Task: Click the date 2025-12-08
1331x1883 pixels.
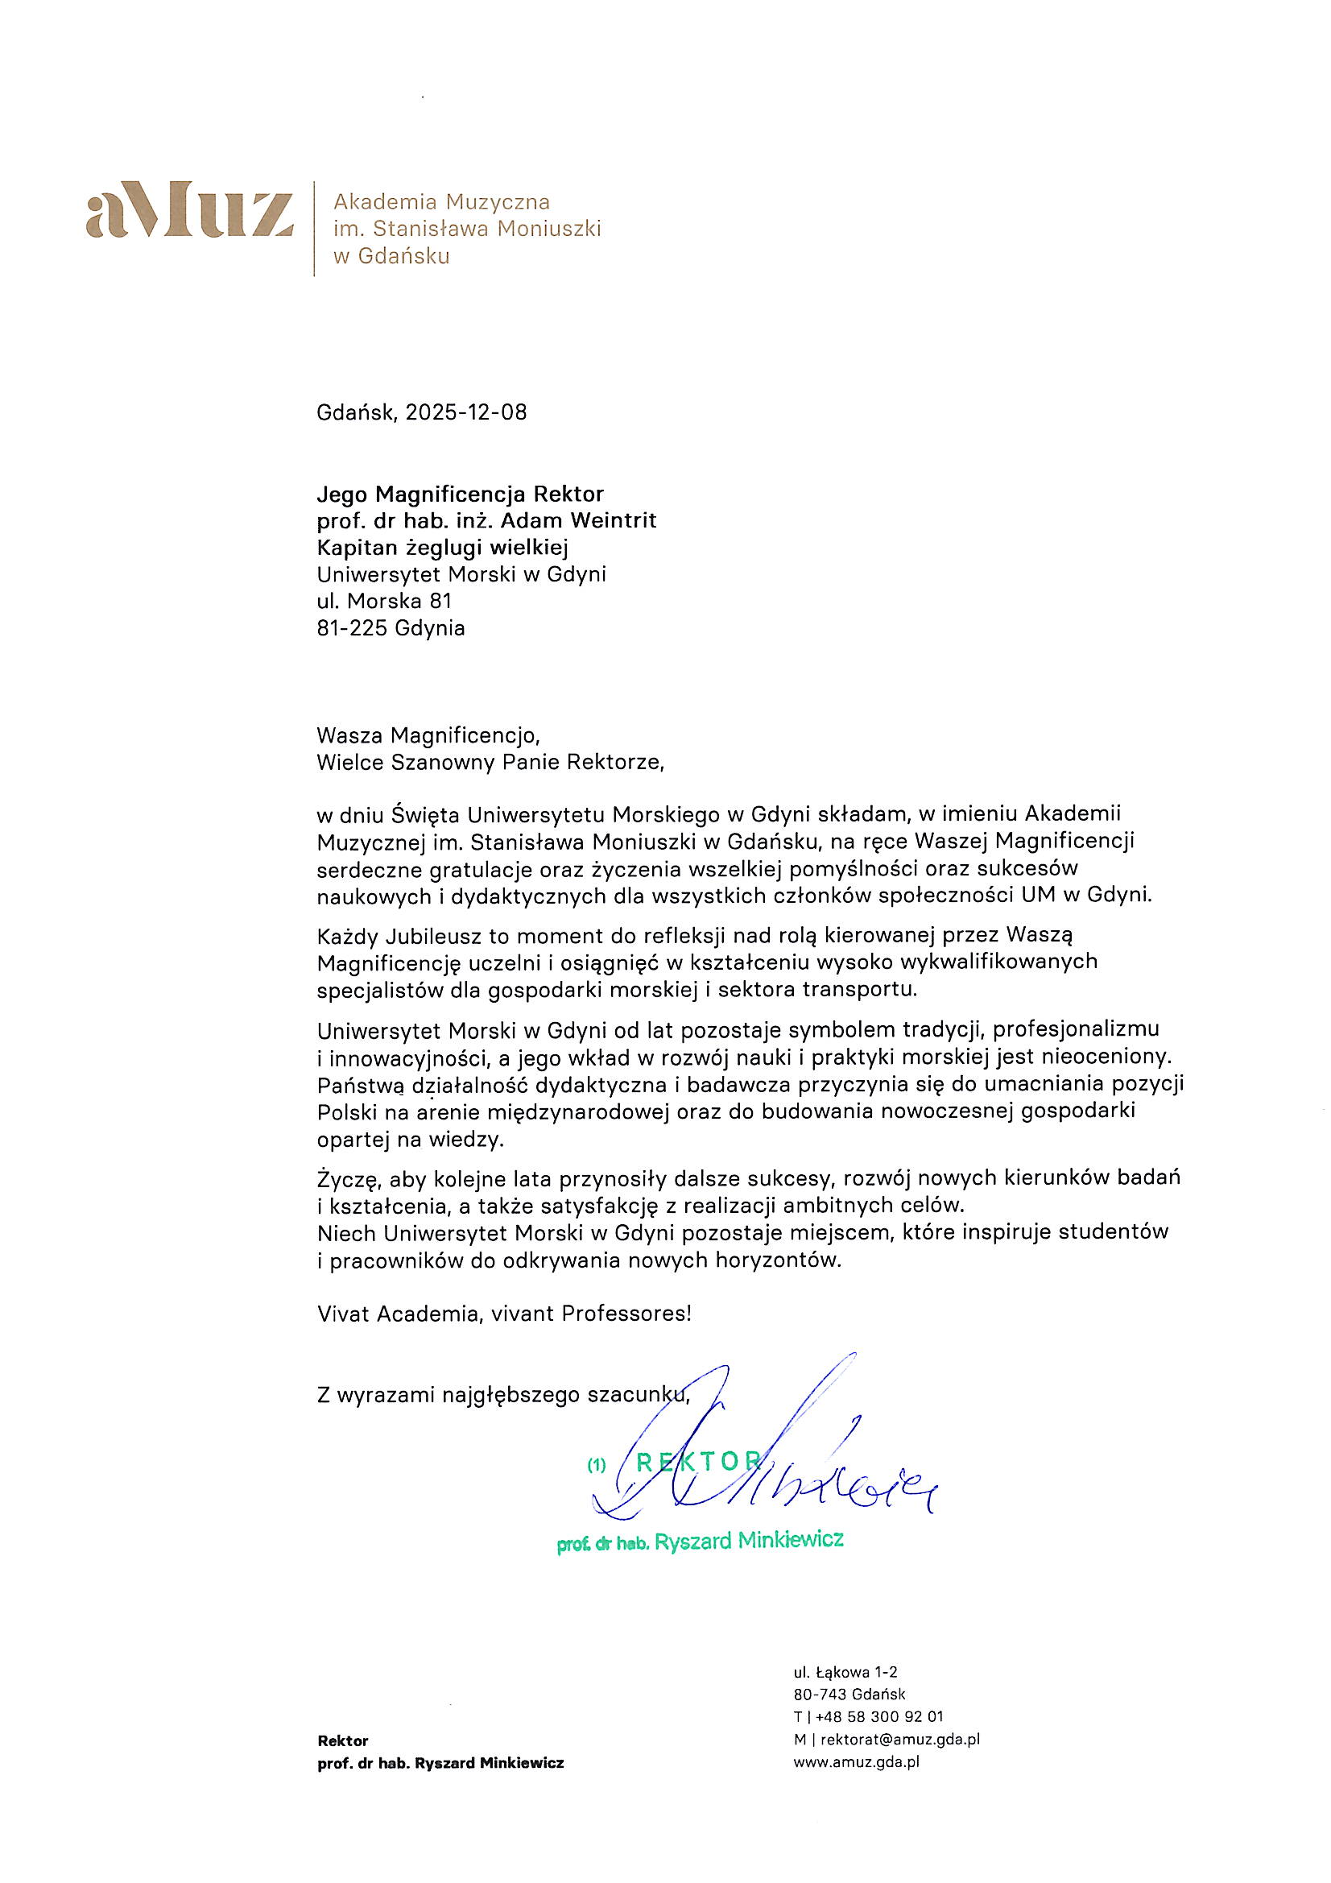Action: pos(465,412)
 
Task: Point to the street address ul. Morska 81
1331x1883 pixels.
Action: pos(384,601)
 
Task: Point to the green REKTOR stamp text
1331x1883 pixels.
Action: pos(699,1461)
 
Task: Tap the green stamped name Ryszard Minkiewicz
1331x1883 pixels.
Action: pos(749,1539)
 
